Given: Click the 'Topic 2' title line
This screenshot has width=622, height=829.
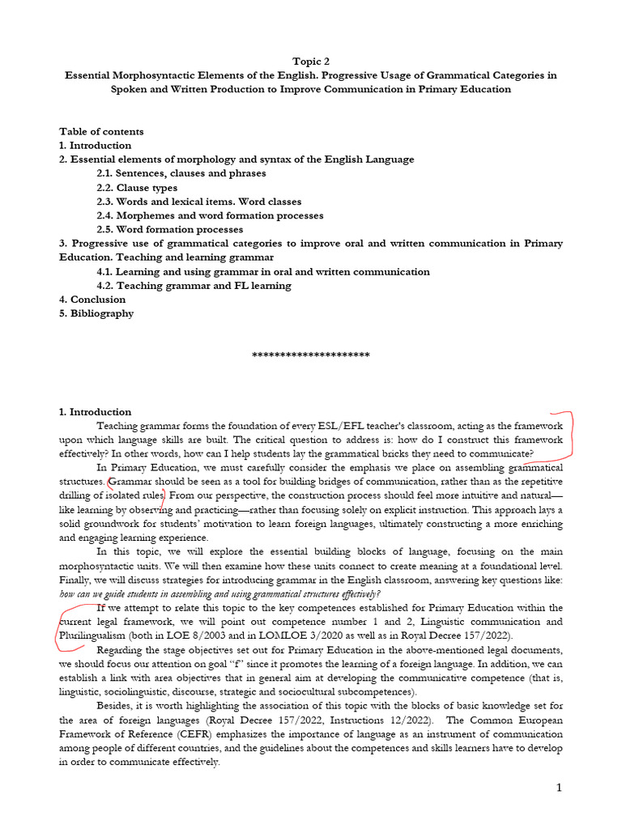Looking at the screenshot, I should [x=310, y=61].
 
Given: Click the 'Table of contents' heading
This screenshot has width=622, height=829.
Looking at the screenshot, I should [x=101, y=131].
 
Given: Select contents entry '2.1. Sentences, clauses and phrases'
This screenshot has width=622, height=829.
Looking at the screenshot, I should [x=181, y=173].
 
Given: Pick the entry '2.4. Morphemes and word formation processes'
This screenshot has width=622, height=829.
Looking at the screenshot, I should [x=210, y=215].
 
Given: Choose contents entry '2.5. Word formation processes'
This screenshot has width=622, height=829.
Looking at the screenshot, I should [x=169, y=229].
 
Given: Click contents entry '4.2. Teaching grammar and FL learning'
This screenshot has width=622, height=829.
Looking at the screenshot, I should [x=194, y=285].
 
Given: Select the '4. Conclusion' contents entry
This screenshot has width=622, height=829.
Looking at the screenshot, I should [x=92, y=300].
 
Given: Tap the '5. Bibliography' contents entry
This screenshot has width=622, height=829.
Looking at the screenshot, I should [x=96, y=313].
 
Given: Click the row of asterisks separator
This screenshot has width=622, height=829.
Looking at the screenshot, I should [x=311, y=355].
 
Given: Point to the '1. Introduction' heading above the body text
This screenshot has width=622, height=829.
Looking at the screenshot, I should [x=95, y=412].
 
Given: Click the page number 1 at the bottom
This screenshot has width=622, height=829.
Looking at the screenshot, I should [x=558, y=788].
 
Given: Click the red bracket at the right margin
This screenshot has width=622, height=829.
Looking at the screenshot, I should [x=569, y=433].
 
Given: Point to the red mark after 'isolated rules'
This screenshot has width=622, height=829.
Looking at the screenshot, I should [x=165, y=495].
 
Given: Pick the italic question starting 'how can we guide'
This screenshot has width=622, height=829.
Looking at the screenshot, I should [x=220, y=593].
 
